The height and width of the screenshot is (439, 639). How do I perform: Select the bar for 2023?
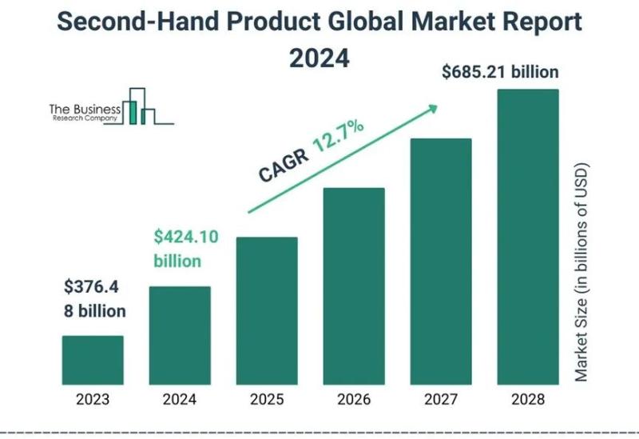click(93, 360)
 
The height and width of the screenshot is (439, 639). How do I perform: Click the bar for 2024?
click(180, 335)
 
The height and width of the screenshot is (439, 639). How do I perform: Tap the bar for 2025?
click(267, 310)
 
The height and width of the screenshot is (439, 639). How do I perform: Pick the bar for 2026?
click(354, 285)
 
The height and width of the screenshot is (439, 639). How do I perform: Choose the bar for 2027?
click(441, 261)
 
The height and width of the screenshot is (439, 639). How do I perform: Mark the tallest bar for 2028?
click(528, 236)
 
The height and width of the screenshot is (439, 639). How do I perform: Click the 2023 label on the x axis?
click(93, 398)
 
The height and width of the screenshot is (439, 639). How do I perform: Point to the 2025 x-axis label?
click(267, 398)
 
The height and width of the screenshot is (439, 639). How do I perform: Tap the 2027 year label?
click(441, 398)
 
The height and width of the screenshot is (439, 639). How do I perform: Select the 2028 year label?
click(528, 398)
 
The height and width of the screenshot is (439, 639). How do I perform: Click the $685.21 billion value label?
click(500, 73)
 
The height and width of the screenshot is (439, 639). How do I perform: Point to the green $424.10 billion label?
click(185, 249)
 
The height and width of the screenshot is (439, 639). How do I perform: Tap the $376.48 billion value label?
click(95, 298)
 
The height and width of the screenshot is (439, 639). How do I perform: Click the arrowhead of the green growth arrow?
click(433, 106)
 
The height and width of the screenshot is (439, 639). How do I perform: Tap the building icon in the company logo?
click(141, 106)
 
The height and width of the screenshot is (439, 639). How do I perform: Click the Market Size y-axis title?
click(581, 272)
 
